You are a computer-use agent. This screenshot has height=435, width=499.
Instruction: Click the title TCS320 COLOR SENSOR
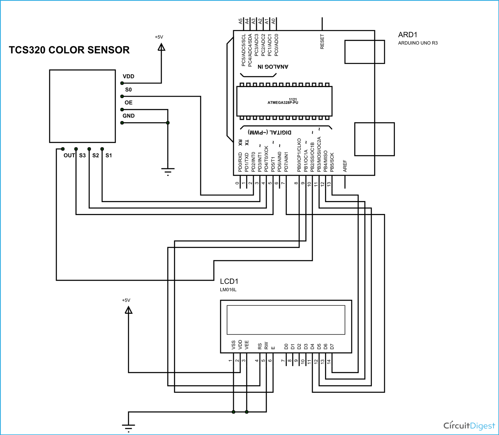tap(69, 50)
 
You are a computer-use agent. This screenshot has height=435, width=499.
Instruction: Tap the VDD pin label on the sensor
tap(128, 76)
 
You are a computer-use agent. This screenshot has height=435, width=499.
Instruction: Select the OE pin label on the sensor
tap(128, 103)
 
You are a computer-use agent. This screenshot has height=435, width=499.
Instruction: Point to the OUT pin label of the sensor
tap(69, 155)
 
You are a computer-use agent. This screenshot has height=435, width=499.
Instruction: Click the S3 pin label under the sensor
tap(83, 155)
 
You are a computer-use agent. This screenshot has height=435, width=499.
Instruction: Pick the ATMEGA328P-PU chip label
tap(283, 102)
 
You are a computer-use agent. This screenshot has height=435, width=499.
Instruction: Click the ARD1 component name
tap(408, 35)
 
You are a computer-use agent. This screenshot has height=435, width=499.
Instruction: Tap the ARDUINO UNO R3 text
tap(418, 43)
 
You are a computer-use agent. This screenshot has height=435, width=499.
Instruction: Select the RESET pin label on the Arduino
tap(322, 42)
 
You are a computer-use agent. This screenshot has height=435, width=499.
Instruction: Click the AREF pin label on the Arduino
tap(345, 166)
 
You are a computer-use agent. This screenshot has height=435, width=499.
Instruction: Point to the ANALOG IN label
tap(273, 67)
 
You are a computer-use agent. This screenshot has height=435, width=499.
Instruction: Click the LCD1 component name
tap(229, 281)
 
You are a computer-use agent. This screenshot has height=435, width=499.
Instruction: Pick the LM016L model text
tap(228, 290)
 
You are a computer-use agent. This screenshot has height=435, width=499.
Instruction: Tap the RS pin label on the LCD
tap(260, 346)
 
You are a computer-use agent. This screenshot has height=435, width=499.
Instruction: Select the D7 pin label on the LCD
tap(332, 347)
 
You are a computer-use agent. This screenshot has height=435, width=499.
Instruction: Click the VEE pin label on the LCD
tap(247, 345)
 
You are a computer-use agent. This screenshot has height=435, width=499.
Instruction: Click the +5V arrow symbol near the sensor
tap(161, 48)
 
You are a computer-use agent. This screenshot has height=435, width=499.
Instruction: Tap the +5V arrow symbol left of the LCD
tap(128, 310)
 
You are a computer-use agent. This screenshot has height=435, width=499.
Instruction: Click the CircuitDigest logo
tap(469, 426)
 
